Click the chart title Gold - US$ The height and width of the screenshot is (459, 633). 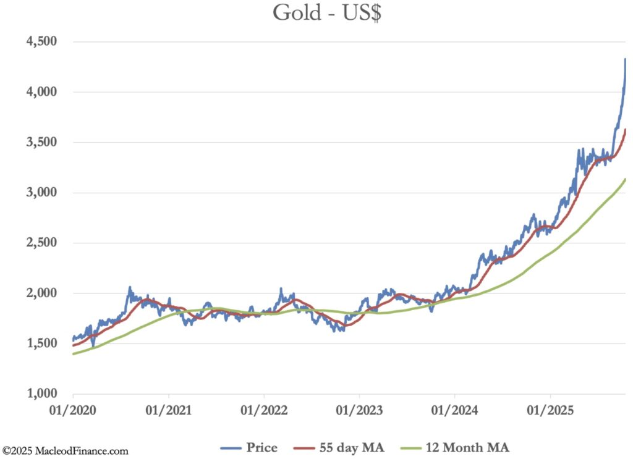[328, 13]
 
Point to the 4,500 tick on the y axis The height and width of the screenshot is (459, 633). [41, 41]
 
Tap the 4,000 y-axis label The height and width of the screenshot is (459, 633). [41, 91]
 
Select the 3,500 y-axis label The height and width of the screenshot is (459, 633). [41, 142]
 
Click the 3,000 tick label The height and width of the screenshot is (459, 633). [41, 192]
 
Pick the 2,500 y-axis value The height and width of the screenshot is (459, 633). [41, 243]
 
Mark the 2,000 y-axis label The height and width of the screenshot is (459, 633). [41, 293]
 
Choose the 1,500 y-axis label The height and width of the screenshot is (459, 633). [41, 343]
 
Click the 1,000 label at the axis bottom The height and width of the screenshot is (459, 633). [41, 394]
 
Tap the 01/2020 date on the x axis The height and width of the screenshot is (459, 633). [73, 409]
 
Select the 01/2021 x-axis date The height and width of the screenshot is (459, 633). [169, 409]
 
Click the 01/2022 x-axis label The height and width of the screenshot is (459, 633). [264, 409]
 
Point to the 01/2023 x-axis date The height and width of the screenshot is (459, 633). [359, 409]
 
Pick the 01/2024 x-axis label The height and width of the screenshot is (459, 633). [454, 409]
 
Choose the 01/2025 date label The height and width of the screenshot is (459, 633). [550, 409]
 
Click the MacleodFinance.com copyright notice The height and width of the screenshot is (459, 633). [66, 452]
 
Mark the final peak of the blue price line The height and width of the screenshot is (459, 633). [625, 59]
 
